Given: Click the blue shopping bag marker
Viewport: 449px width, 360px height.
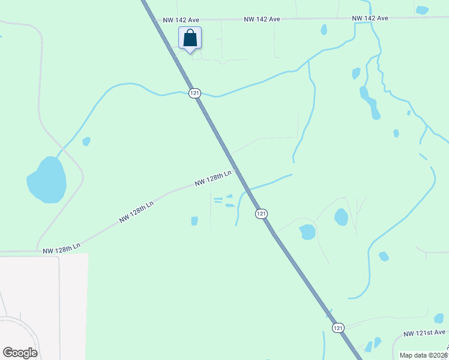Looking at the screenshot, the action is [190, 39].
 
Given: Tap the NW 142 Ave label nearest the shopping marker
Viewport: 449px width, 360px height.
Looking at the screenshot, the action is [181, 20].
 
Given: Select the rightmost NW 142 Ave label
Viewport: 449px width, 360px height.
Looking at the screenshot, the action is [370, 18].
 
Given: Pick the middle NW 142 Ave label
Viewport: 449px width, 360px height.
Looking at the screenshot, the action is [262, 19].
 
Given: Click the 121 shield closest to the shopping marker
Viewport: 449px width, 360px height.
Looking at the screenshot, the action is [194, 93].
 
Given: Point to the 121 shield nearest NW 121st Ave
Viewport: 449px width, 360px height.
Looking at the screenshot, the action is [338, 327].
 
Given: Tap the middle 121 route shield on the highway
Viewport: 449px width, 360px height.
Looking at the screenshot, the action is [261, 214].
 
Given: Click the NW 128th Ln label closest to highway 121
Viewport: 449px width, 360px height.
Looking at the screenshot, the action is [213, 178].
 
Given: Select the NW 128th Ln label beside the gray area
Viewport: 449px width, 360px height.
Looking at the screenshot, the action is [61, 247].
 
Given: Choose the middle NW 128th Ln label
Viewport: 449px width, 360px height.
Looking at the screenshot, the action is [136, 212].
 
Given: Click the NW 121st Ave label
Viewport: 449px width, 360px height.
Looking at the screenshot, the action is [424, 332].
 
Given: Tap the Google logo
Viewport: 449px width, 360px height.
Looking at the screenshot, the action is [20, 353].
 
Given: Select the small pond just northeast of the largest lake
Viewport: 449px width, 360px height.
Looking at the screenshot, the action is [86, 142].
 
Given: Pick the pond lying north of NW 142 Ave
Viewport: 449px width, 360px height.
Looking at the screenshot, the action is [422, 10].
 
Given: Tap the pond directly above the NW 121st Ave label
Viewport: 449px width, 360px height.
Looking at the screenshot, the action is [439, 318].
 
